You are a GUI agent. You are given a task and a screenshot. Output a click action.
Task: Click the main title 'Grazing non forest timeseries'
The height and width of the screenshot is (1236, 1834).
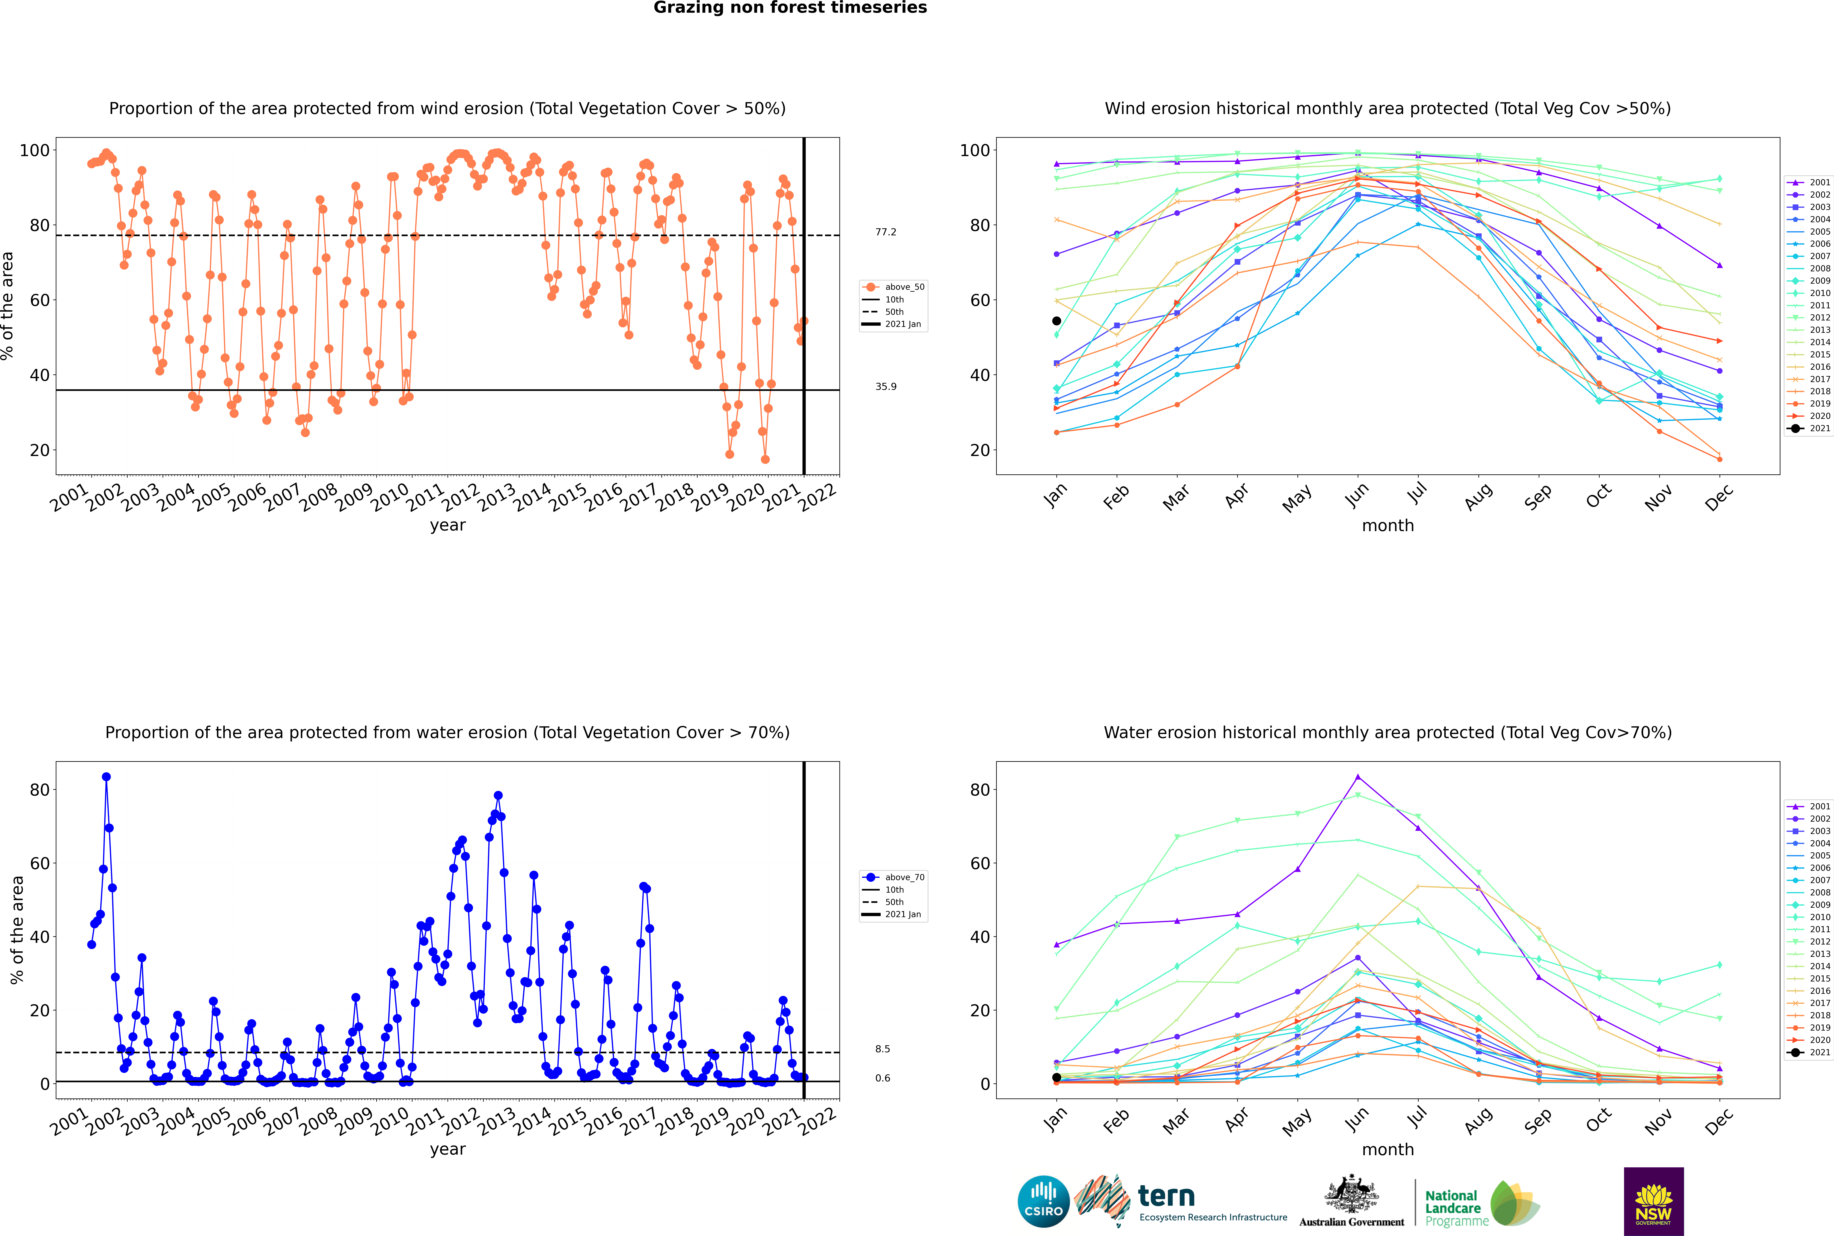click(x=790, y=8)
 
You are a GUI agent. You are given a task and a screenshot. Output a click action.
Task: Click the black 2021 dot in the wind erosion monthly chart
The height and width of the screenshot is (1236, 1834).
click(x=1057, y=321)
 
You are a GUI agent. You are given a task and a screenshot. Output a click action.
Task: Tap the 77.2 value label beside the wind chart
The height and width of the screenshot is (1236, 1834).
click(x=885, y=232)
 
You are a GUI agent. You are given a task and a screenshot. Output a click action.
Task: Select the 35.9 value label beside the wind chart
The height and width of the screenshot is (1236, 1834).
click(x=885, y=386)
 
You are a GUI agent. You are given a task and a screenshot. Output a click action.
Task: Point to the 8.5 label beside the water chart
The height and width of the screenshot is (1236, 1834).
click(x=882, y=1049)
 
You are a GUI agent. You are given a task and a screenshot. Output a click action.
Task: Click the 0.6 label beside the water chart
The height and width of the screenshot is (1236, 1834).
click(x=882, y=1078)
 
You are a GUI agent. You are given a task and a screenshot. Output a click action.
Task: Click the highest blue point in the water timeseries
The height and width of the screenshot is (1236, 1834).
click(x=106, y=776)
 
